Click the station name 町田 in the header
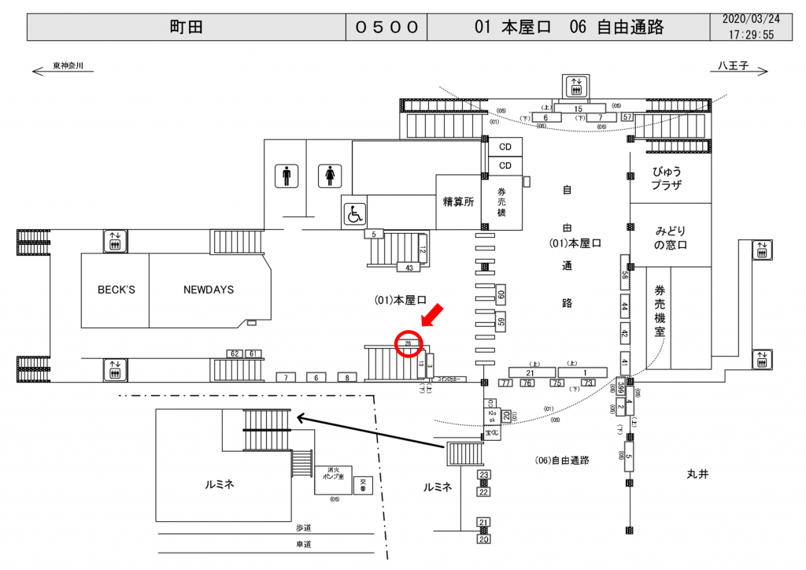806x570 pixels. [187, 27]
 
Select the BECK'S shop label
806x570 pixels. [116, 290]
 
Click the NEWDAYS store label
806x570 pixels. [209, 290]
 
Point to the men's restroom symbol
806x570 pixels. [286, 176]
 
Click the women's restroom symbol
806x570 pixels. [328, 176]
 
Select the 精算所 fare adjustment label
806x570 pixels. [458, 202]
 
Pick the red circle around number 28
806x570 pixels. [409, 344]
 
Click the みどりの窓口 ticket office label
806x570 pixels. [671, 238]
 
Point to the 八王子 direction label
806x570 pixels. [732, 66]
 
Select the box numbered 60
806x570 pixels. [501, 296]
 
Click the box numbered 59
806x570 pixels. [501, 322]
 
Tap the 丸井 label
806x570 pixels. [697, 474]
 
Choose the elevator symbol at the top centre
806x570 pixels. [577, 85]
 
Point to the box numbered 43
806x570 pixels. [409, 268]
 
